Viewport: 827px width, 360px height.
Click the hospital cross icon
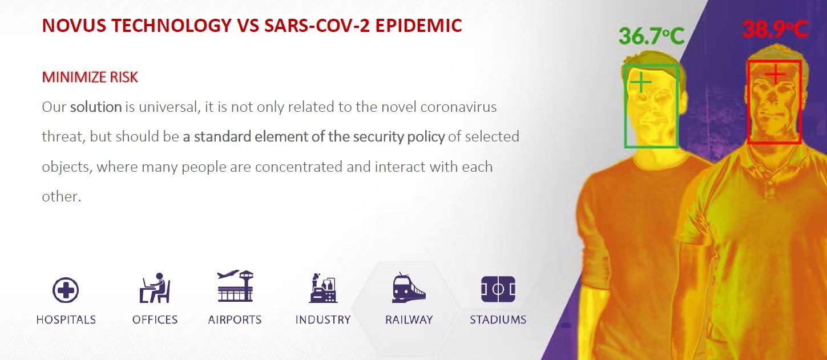click(66, 290)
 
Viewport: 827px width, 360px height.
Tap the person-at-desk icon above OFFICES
click(155, 288)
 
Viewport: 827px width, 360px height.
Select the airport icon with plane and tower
click(235, 286)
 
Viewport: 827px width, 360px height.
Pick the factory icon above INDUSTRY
click(323, 288)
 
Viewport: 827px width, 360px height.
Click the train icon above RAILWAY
click(409, 288)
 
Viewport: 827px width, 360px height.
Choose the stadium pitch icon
click(498, 289)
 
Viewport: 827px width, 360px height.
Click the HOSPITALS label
click(66, 319)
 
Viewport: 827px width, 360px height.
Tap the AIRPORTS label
click(235, 319)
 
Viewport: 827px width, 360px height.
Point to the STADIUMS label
click(498, 319)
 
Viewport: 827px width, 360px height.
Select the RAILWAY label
click(409, 319)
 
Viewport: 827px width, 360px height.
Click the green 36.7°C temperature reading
click(652, 36)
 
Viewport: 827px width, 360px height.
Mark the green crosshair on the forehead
click(641, 82)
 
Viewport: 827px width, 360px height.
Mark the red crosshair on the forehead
click(775, 74)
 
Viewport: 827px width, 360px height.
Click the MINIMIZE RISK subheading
click(90, 77)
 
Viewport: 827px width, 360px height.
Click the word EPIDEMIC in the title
click(419, 26)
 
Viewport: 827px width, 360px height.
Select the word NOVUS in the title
click(74, 26)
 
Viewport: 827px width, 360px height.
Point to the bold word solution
click(96, 107)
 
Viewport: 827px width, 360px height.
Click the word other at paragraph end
click(61, 196)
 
